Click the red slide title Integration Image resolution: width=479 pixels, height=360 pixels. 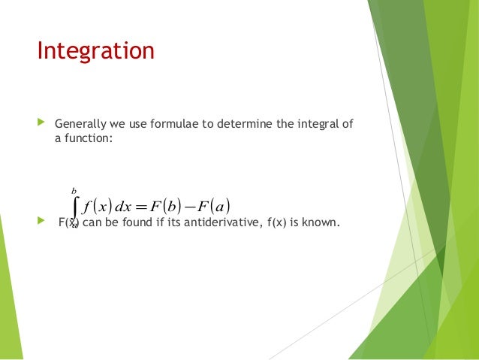[x=96, y=51]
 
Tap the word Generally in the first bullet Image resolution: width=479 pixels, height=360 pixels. [x=79, y=123]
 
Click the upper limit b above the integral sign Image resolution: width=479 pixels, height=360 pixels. [x=74, y=191]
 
